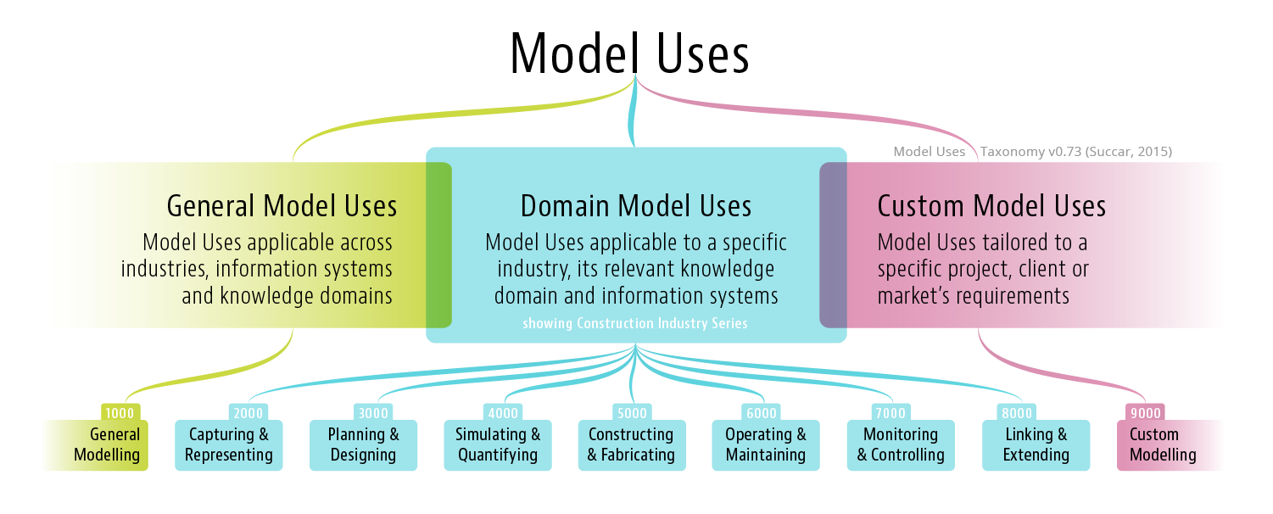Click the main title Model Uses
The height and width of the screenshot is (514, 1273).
click(x=629, y=53)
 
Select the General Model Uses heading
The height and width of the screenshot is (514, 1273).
click(x=282, y=206)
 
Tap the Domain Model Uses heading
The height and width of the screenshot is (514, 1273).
click(x=636, y=206)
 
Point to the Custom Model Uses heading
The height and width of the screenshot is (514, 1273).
click(x=991, y=206)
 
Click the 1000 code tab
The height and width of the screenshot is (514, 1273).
click(x=120, y=412)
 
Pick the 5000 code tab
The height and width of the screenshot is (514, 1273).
click(x=632, y=412)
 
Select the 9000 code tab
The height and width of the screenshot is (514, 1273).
click(x=1145, y=412)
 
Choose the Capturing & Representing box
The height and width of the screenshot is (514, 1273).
click(x=228, y=444)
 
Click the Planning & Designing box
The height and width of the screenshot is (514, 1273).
click(x=363, y=444)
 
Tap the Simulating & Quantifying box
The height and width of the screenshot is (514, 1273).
click(x=498, y=444)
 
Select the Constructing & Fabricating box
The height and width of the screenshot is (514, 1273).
click(x=632, y=444)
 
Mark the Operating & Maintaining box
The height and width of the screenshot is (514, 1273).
click(x=766, y=444)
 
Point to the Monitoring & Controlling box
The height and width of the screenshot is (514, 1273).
click(x=901, y=444)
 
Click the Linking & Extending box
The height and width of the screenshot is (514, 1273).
click(x=1036, y=444)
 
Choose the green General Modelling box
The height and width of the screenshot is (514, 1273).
click(x=97, y=444)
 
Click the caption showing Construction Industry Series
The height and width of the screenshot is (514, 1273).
click(x=634, y=323)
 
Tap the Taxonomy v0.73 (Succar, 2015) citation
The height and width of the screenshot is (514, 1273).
click(x=1075, y=151)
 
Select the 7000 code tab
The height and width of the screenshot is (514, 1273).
click(x=890, y=412)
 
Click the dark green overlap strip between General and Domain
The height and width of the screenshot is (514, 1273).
click(x=438, y=245)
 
